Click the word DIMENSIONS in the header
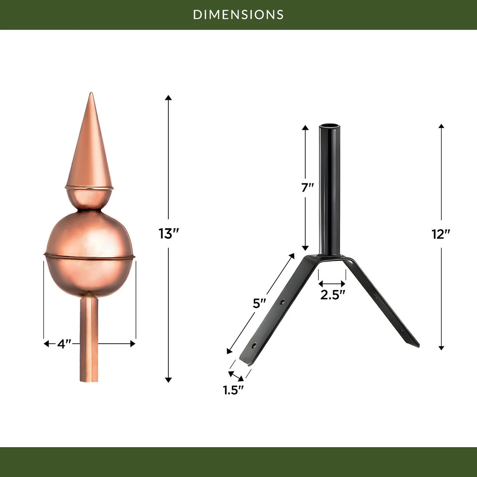238,15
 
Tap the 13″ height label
168,234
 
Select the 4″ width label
64,344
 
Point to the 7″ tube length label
307,187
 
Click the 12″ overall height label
441,234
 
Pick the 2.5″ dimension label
333,295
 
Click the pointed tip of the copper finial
91,93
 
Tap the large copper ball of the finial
90,254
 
